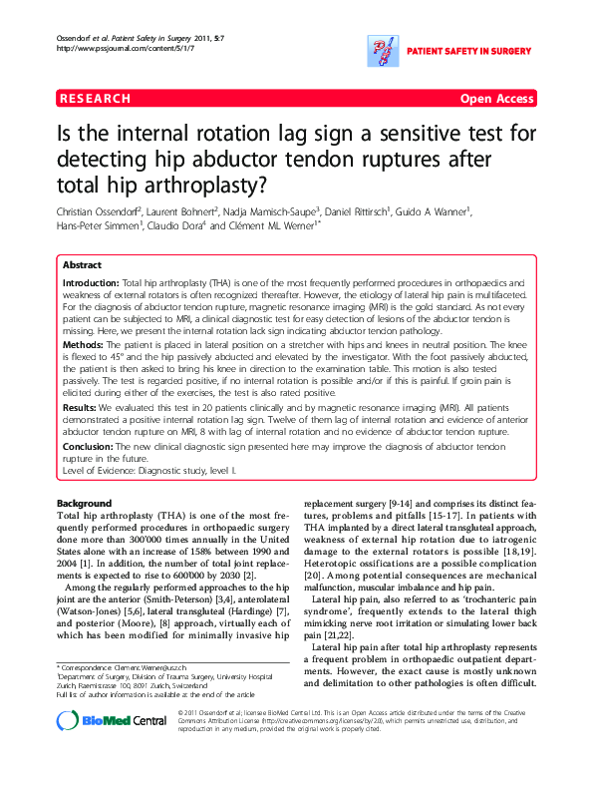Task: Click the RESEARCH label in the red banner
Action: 95,99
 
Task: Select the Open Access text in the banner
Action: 496,99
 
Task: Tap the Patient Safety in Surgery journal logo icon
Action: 382,46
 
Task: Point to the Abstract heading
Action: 82,265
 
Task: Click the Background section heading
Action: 85,503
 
